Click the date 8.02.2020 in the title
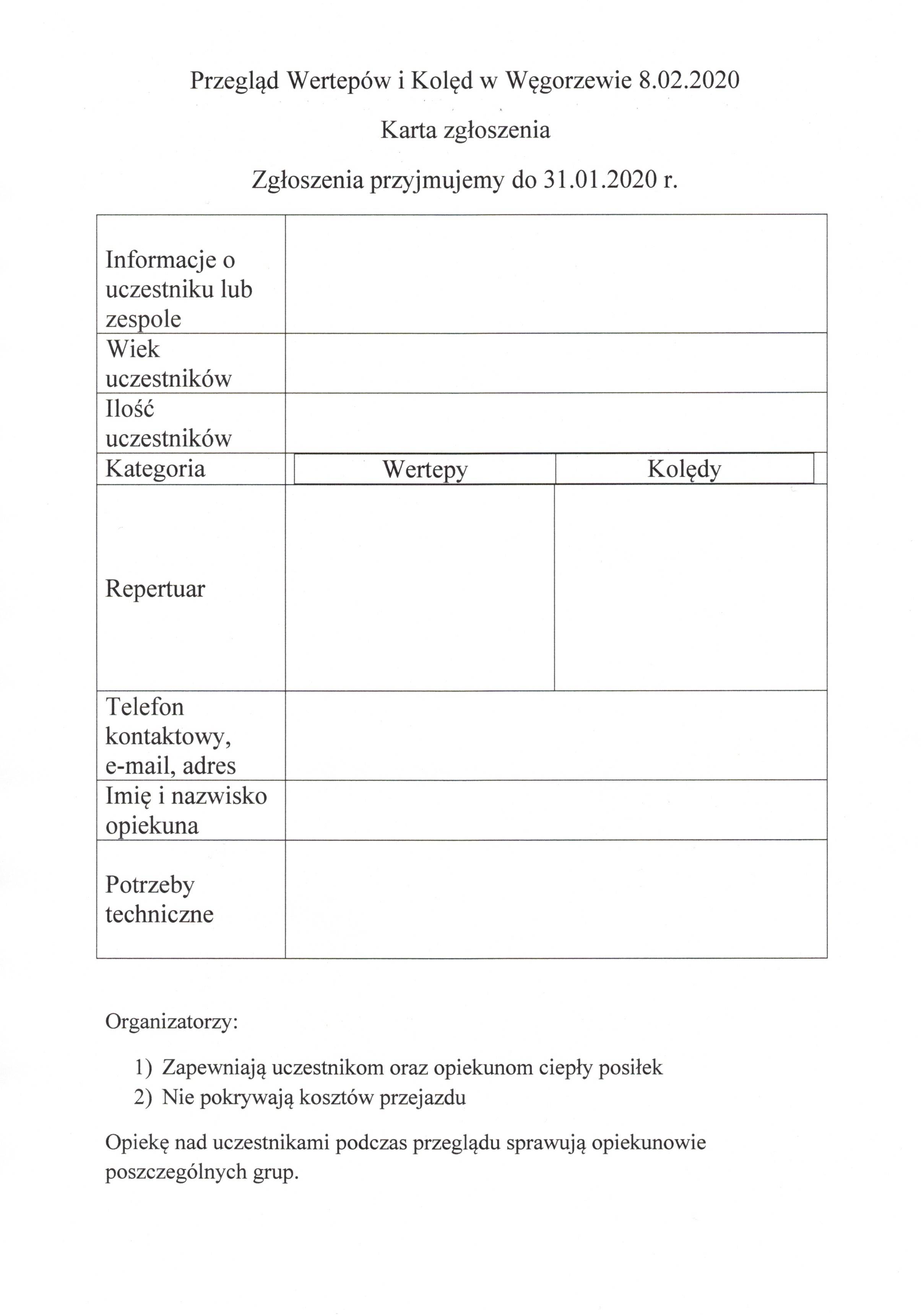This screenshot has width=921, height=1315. pos(689,80)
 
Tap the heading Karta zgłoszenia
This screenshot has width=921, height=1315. pos(465,130)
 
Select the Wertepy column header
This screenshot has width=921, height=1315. pos(425,469)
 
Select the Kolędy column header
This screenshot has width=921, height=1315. pos(684,469)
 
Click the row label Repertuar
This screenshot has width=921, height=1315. pos(155,588)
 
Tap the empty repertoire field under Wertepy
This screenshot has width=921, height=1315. pos(419,587)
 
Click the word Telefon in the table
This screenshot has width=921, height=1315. pos(145,707)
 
